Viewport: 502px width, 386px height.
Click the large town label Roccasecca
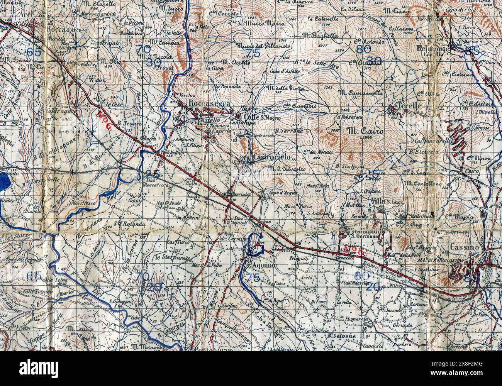click(x=210, y=104)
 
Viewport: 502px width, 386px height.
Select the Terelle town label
click(x=410, y=106)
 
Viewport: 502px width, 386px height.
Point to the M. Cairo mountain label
click(x=365, y=131)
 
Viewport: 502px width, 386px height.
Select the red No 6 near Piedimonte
click(x=354, y=251)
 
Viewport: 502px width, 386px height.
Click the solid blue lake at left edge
click(x=4, y=179)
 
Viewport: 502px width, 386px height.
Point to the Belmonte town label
click(x=433, y=49)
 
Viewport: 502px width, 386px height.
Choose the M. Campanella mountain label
click(x=360, y=93)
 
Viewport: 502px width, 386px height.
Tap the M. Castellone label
click(x=423, y=183)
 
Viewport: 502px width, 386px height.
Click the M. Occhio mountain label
click(x=236, y=62)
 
